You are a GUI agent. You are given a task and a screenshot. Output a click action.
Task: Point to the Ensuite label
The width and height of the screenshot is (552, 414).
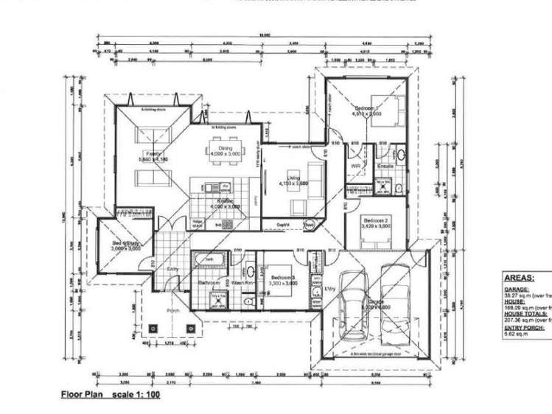pos(385,167)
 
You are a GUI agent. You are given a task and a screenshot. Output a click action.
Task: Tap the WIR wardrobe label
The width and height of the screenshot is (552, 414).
pos(354,167)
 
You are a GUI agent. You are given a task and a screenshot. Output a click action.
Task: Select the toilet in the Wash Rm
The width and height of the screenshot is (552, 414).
pos(249,301)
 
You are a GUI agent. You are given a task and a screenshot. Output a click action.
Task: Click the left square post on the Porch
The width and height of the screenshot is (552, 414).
pos(152,328)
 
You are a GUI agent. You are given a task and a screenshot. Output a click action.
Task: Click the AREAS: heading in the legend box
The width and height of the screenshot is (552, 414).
pos(520,279)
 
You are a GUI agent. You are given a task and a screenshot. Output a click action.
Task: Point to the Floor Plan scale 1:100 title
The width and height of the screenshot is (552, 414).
pos(110,395)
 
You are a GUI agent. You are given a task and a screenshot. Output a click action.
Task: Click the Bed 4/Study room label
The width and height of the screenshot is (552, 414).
pos(125,245)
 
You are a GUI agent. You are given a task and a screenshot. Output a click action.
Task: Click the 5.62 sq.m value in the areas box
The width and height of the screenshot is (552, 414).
pos(515,333)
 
